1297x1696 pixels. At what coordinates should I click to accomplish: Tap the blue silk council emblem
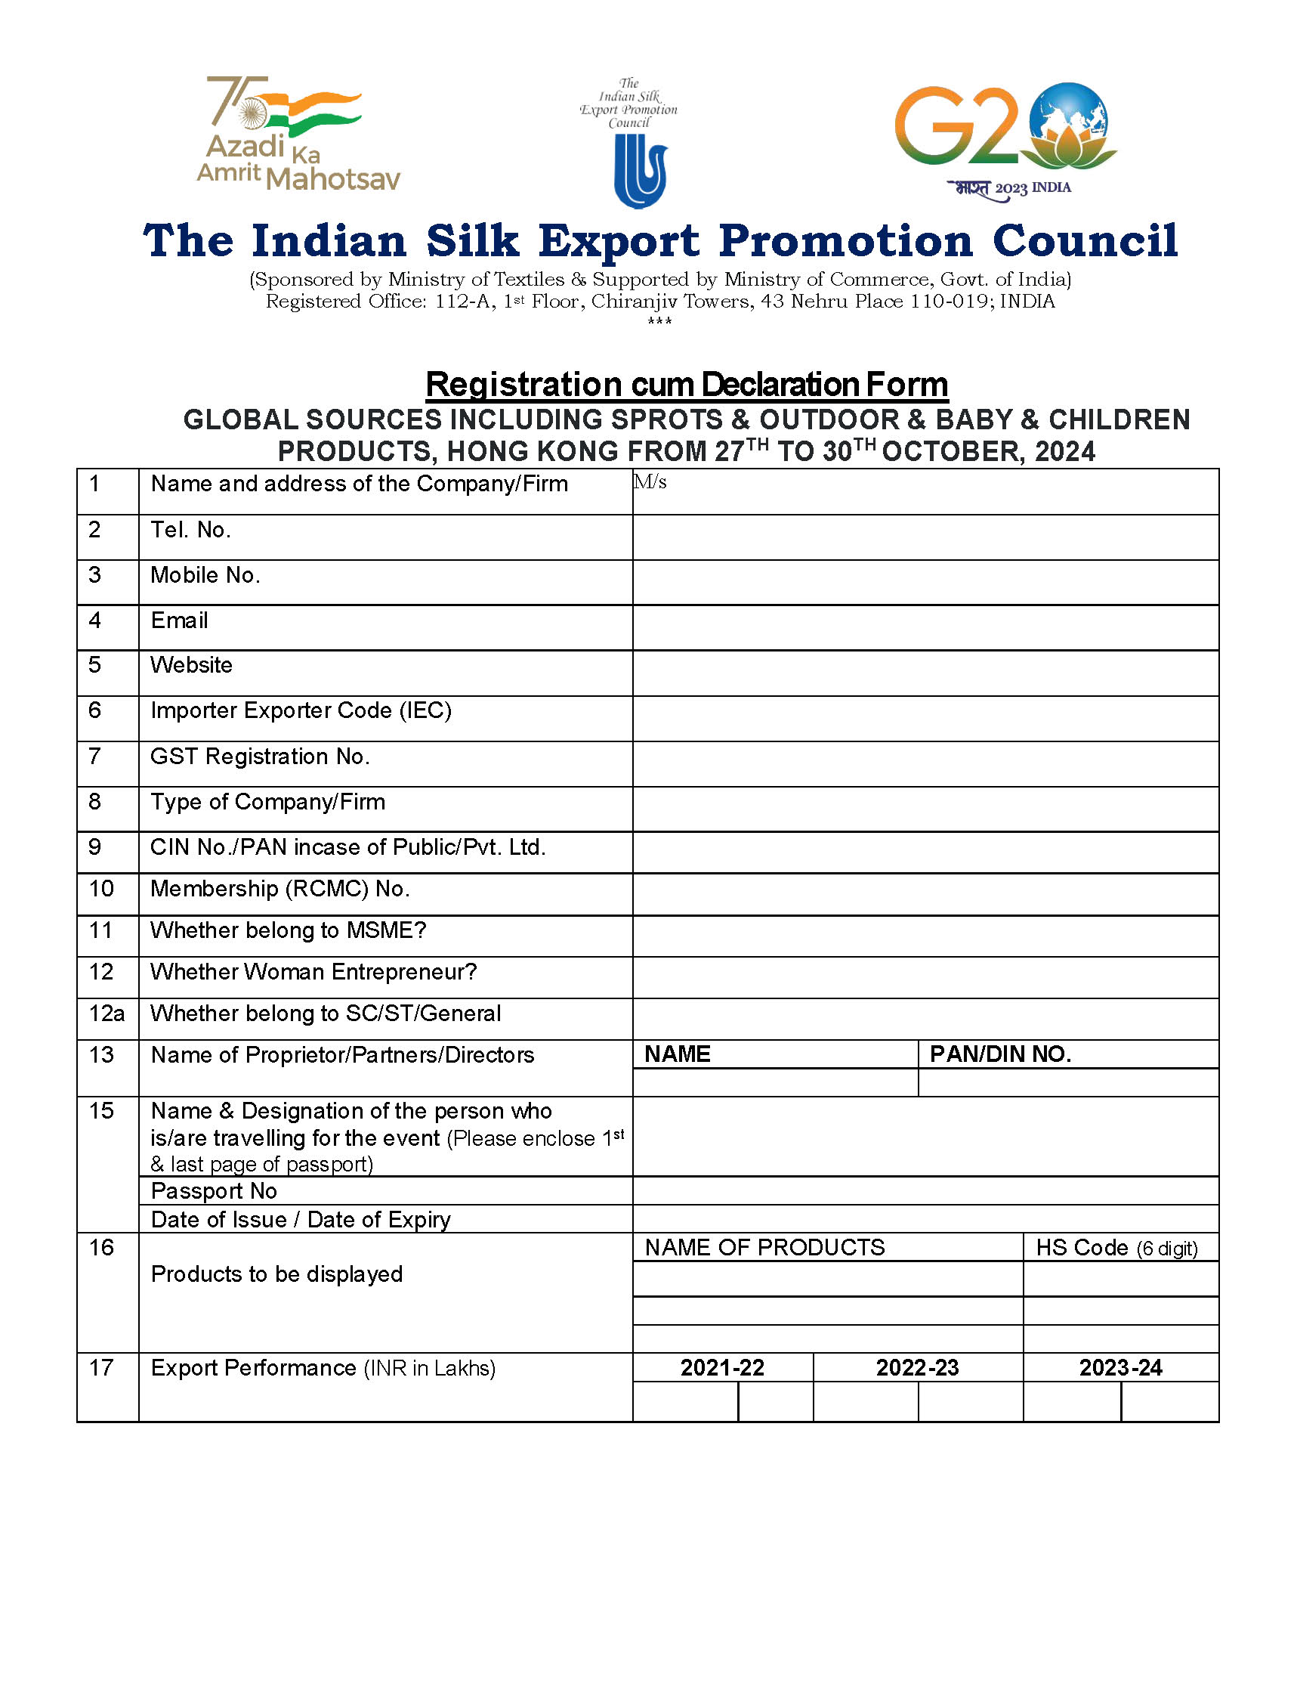(x=640, y=171)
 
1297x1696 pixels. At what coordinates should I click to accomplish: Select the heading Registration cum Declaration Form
(x=687, y=385)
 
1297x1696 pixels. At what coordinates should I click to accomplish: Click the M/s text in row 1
(x=650, y=483)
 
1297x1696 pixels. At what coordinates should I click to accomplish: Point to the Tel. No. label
(x=190, y=530)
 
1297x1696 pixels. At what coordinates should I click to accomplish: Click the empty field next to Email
(x=925, y=628)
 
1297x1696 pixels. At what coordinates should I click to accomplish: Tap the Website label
(x=191, y=665)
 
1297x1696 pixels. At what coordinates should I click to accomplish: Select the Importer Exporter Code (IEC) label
(x=301, y=710)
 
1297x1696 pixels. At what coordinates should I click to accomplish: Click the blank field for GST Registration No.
(x=925, y=764)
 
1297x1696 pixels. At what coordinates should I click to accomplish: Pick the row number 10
(x=101, y=889)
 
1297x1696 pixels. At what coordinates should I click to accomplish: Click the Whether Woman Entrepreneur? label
(x=313, y=971)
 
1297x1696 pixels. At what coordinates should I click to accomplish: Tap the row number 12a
(x=107, y=1014)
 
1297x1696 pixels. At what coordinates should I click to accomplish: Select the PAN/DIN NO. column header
(x=1000, y=1054)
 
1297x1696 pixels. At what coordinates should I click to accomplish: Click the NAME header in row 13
(x=677, y=1054)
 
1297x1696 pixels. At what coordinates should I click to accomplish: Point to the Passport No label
(x=214, y=1191)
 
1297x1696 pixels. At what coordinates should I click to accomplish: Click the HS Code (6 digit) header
(x=1116, y=1248)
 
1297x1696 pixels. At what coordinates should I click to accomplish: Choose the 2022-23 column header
(x=917, y=1368)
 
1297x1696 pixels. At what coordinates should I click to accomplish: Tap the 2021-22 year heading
(x=722, y=1368)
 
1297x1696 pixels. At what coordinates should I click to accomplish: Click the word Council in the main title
(x=1085, y=241)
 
